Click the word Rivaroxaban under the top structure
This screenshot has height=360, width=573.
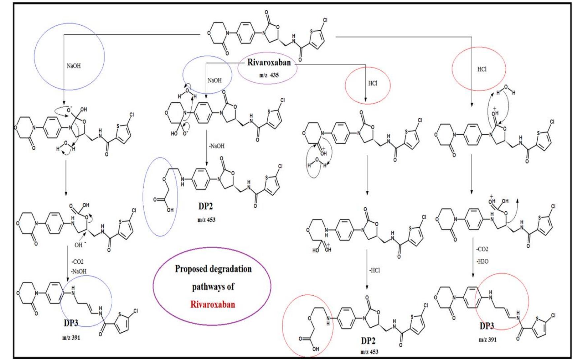(x=269, y=62)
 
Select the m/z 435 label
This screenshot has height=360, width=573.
(x=269, y=75)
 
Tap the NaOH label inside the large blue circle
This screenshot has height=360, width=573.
(x=73, y=66)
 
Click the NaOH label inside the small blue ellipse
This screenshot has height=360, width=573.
(x=215, y=80)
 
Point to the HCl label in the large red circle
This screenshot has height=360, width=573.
(x=482, y=69)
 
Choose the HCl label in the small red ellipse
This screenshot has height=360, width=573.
(x=373, y=83)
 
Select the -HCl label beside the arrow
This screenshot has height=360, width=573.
(x=374, y=270)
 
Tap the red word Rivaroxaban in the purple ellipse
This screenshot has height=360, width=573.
(x=213, y=304)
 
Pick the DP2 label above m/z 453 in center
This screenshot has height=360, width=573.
(x=205, y=207)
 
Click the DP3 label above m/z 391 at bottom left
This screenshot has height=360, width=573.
(x=71, y=323)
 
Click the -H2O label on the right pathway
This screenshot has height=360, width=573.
(x=482, y=261)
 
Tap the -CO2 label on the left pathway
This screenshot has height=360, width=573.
(x=78, y=262)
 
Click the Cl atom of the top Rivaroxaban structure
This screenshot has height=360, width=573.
(x=325, y=20)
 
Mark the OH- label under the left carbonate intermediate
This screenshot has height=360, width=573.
(x=79, y=245)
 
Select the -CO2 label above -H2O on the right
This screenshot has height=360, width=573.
(x=482, y=249)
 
